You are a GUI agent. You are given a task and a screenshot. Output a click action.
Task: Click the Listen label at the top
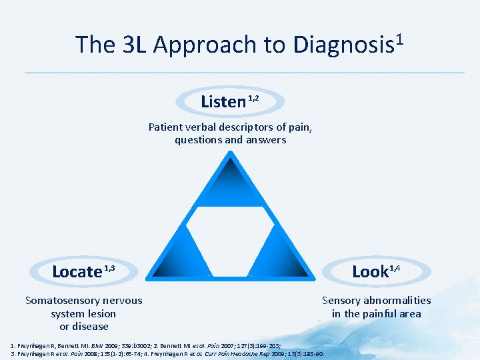223,102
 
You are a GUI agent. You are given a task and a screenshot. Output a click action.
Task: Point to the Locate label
77,271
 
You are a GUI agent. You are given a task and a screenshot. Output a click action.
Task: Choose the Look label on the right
370,271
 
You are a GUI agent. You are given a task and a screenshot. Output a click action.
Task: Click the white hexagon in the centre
231,230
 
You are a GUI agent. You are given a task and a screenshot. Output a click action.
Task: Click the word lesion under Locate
101,313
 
